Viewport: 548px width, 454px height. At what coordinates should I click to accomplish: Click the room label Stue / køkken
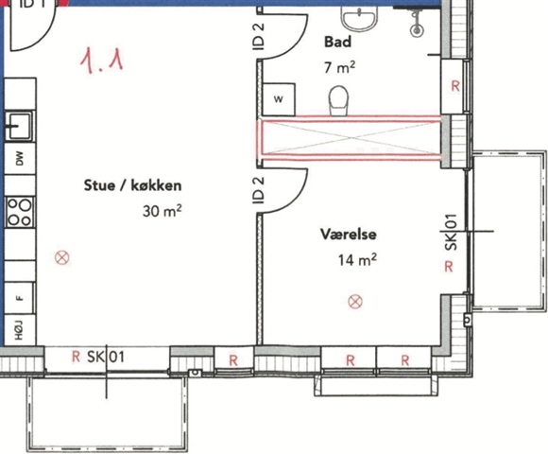(133, 185)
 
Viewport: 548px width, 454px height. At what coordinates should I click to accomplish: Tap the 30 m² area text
(163, 211)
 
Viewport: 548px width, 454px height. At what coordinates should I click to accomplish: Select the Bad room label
(337, 42)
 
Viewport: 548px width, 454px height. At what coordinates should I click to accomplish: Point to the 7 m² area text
(340, 67)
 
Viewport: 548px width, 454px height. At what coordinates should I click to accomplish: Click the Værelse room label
(349, 234)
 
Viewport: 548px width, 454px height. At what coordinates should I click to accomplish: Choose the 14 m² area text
(357, 260)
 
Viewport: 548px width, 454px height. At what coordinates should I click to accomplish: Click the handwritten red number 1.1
(101, 61)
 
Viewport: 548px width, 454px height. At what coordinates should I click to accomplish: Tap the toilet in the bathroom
(338, 100)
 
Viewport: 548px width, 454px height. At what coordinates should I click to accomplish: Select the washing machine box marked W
(279, 99)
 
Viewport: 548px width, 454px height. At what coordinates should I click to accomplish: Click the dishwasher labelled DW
(20, 158)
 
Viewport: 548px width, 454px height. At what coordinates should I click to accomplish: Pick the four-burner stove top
(20, 212)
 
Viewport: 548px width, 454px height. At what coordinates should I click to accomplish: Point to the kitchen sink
(19, 126)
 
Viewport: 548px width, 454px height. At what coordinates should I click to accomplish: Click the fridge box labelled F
(19, 298)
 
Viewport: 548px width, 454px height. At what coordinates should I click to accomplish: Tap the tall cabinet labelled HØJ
(20, 330)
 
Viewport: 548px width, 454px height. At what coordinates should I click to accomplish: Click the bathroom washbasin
(359, 19)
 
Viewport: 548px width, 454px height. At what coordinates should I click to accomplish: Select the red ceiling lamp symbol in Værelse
(355, 302)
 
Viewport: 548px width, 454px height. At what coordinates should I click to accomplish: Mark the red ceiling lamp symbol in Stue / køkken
(62, 258)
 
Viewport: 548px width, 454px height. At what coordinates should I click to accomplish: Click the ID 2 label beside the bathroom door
(259, 37)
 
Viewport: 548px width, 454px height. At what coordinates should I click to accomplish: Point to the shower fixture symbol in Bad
(417, 23)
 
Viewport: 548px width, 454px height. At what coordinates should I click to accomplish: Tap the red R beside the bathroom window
(455, 86)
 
